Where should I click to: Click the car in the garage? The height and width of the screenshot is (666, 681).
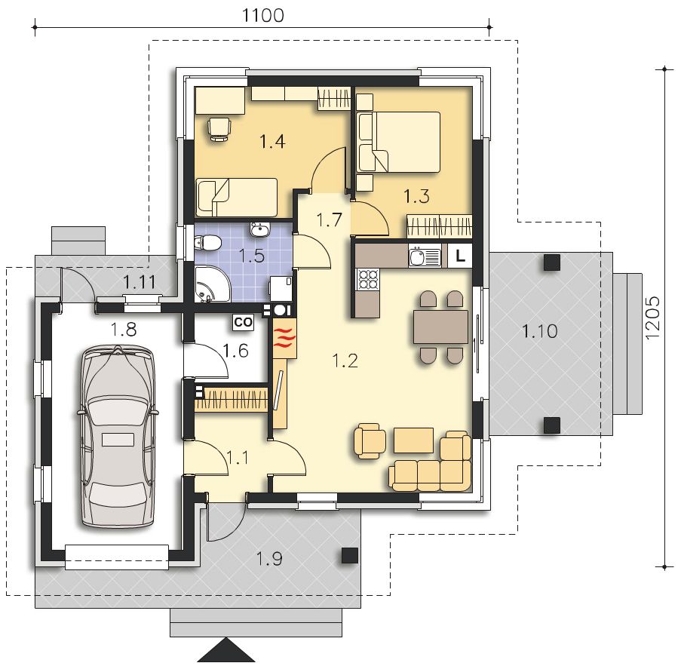[118, 436]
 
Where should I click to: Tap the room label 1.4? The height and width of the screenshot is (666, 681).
[272, 141]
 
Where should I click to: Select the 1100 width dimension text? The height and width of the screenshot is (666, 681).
[262, 15]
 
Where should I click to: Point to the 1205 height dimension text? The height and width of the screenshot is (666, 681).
[653, 318]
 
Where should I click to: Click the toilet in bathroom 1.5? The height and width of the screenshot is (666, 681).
[207, 243]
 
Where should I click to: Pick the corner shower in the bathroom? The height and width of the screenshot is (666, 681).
[211, 284]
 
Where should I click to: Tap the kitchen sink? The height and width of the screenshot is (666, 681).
[425, 256]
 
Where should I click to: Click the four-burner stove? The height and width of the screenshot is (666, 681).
[367, 279]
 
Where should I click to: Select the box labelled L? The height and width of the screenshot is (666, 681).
[460, 256]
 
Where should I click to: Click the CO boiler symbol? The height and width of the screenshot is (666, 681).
[243, 322]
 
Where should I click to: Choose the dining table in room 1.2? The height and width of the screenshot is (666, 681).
[440, 327]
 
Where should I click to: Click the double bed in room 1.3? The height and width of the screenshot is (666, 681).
[399, 142]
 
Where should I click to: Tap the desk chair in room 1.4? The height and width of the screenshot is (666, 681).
[219, 129]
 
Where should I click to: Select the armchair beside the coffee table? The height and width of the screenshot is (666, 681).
[370, 441]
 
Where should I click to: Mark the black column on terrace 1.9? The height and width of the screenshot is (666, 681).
[350, 555]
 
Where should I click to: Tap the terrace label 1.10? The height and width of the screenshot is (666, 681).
[539, 331]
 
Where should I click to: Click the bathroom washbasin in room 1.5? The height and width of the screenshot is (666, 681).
[260, 229]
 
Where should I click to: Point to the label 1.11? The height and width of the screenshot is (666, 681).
[140, 283]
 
